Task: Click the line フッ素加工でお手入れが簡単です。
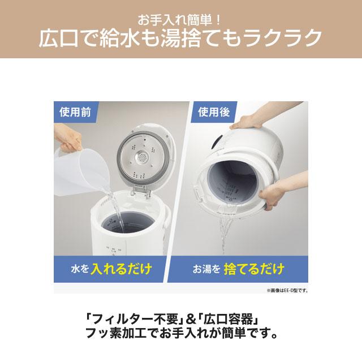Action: tap(180, 334)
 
